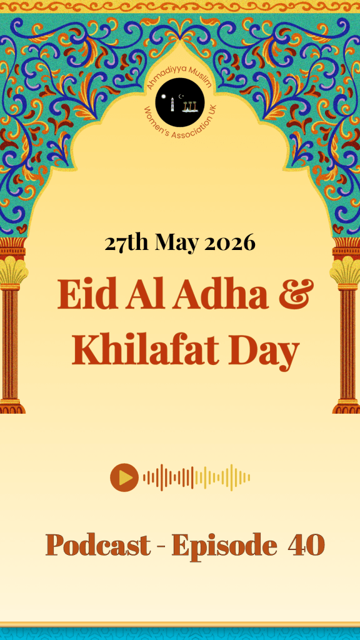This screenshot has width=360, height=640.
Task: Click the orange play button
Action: coord(124,477)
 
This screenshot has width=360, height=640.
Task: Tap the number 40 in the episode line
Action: coord(306,545)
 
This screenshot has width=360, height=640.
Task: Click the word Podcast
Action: coord(98,545)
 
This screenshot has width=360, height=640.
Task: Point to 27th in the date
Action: coord(126,243)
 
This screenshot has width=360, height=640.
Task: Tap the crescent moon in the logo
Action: coord(182,96)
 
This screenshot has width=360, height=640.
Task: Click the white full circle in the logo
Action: coord(164,97)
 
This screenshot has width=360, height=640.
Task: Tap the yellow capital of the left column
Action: coord(12,272)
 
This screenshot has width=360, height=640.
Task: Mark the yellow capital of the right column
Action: coord(346,272)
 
